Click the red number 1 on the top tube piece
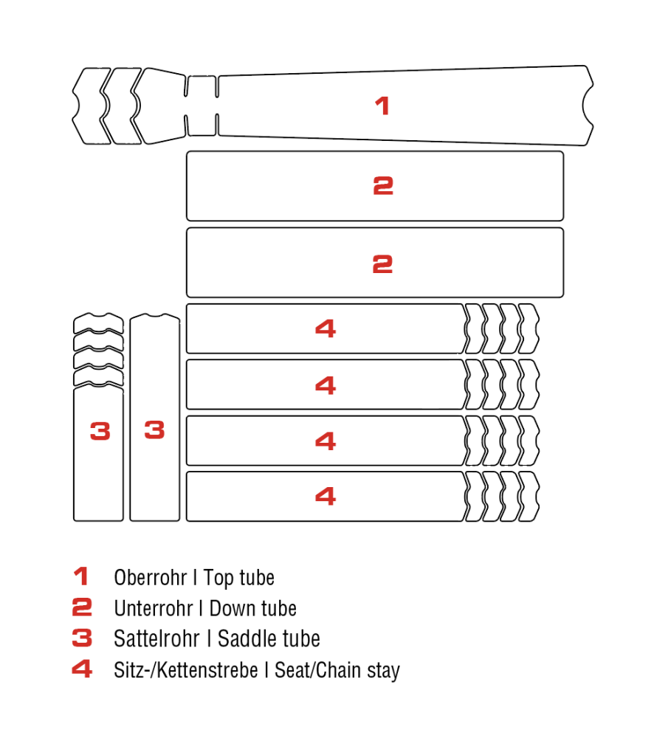(382, 106)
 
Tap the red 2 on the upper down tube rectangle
(383, 185)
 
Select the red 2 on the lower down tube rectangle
(382, 264)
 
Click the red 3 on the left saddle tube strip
(100, 431)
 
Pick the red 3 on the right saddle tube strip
(154, 430)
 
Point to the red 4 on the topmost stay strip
(326, 328)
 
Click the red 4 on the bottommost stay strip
(326, 496)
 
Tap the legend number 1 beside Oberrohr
(81, 576)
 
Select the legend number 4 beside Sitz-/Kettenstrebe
(82, 669)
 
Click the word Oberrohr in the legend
(150, 578)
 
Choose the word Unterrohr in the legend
(154, 609)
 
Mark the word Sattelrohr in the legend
(156, 638)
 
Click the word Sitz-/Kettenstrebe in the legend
(185, 670)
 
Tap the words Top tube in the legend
(238, 579)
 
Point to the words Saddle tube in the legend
(269, 638)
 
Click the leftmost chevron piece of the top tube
(92, 106)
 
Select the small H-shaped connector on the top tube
(202, 106)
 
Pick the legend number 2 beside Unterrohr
(82, 607)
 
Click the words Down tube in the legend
(253, 609)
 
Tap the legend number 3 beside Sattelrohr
(82, 638)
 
